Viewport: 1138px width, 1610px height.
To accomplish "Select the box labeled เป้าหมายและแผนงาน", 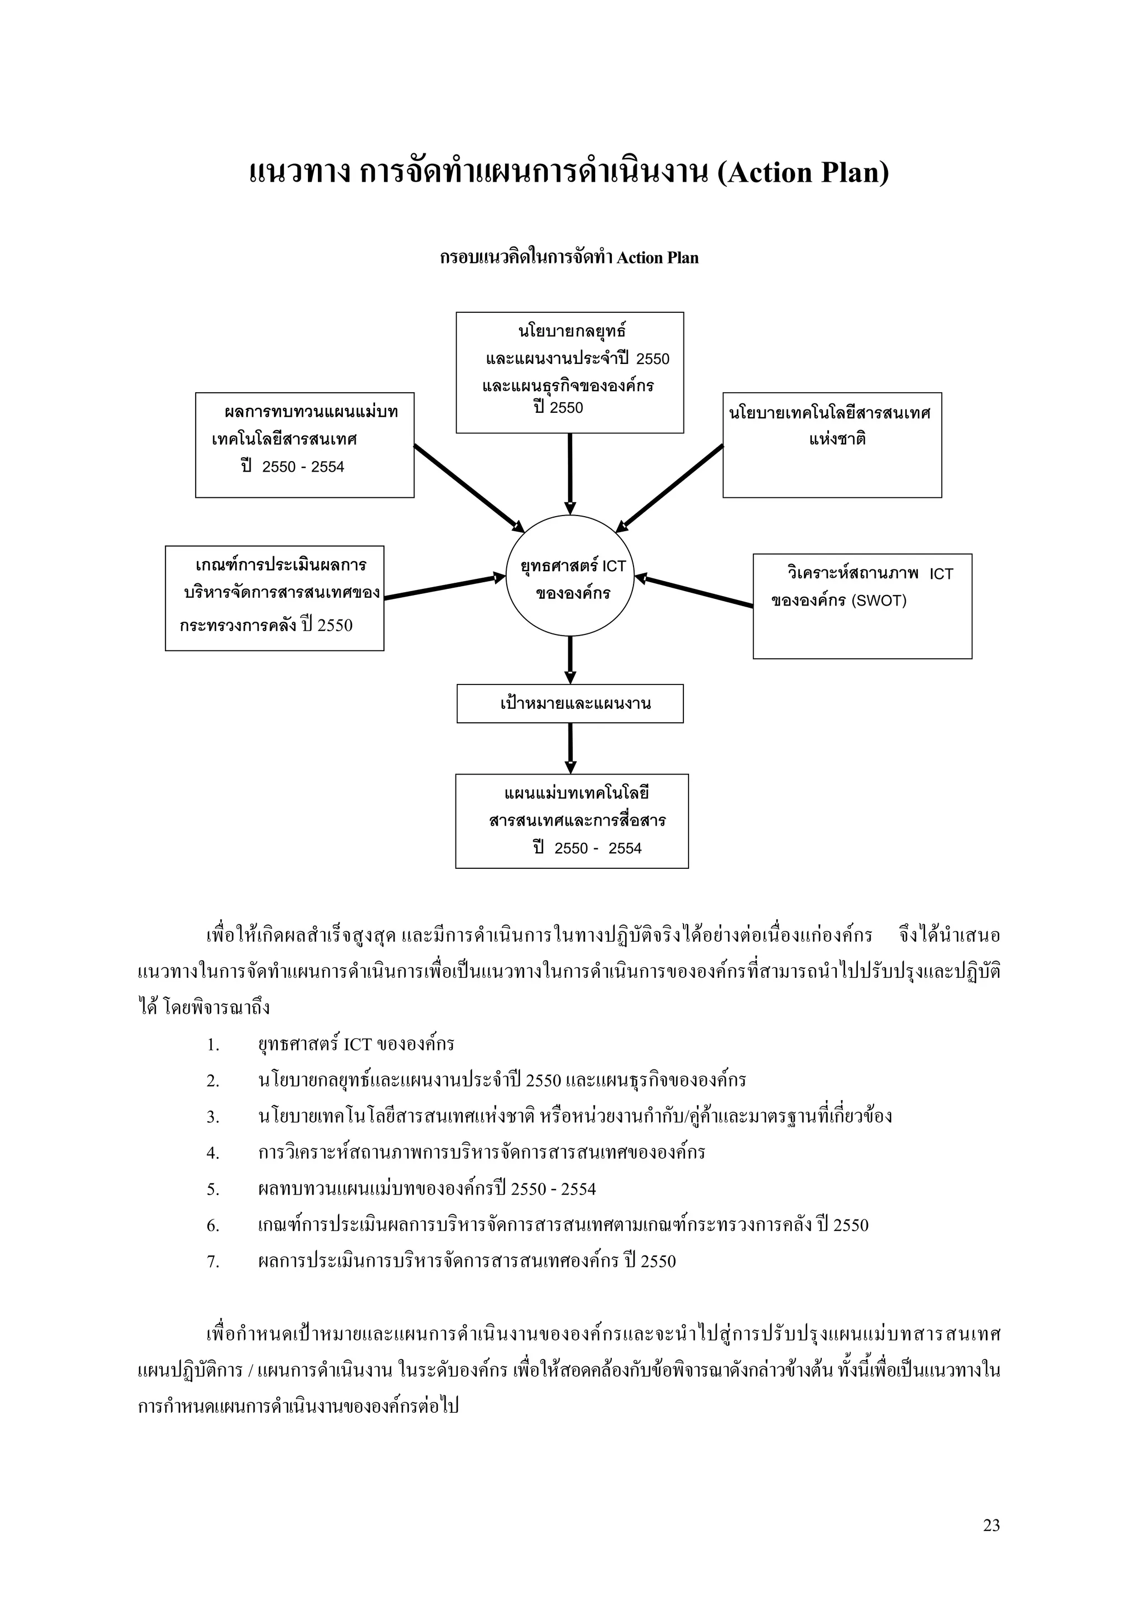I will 570,703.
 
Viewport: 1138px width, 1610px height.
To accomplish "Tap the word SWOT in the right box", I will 879,601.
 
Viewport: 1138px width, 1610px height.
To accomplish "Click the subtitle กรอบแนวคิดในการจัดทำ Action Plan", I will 570,258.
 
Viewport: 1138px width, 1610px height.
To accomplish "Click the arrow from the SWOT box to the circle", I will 693,591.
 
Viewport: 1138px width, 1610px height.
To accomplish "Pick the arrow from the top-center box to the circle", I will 570,473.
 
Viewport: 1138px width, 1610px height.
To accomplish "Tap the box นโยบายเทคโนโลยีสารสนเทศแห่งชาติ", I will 832,445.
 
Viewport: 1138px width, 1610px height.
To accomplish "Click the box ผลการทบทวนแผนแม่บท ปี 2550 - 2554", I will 305,445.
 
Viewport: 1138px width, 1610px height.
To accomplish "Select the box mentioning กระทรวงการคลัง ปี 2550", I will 274,598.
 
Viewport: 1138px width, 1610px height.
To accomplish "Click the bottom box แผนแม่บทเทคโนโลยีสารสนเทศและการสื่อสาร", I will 571,821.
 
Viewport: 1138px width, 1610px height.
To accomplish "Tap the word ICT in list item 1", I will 358,1044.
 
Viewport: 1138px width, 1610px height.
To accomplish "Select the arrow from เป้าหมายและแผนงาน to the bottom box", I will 570,748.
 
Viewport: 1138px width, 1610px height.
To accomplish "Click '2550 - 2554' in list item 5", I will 553,1188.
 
